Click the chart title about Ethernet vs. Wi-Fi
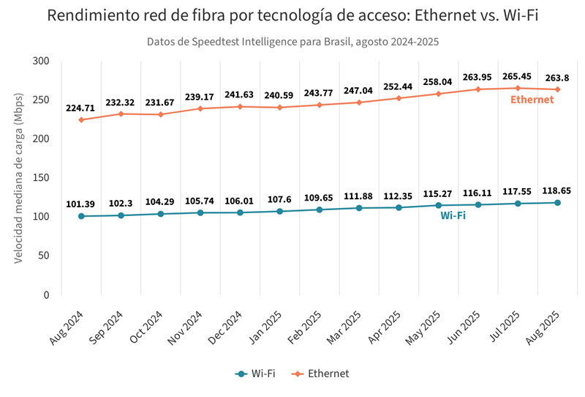pos(292,16)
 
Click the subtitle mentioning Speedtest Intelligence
pos(292,42)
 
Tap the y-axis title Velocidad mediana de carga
pos(20,178)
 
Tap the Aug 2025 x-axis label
pos(545,327)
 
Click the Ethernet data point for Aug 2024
pos(81,120)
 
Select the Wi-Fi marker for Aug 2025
pos(557,203)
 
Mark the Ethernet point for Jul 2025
pos(518,88)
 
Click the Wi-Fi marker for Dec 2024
pos(240,212)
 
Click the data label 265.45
pos(517,75)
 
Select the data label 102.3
pos(121,204)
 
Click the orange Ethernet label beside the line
pos(532,100)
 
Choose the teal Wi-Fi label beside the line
pos(453,216)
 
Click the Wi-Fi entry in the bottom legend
pos(255,374)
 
